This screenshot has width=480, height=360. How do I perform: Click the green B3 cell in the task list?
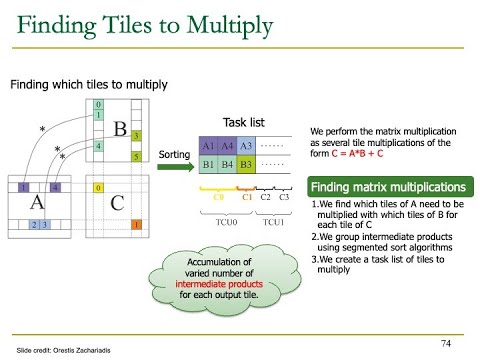pos(247,163)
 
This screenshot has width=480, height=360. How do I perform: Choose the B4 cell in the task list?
pos(229,163)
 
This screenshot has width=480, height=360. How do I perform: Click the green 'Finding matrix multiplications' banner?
pos(388,187)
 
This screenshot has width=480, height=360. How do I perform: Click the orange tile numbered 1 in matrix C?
pos(136,225)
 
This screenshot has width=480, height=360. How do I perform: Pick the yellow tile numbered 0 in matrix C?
pos(97,187)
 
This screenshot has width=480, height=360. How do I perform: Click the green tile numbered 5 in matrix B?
pos(136,157)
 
